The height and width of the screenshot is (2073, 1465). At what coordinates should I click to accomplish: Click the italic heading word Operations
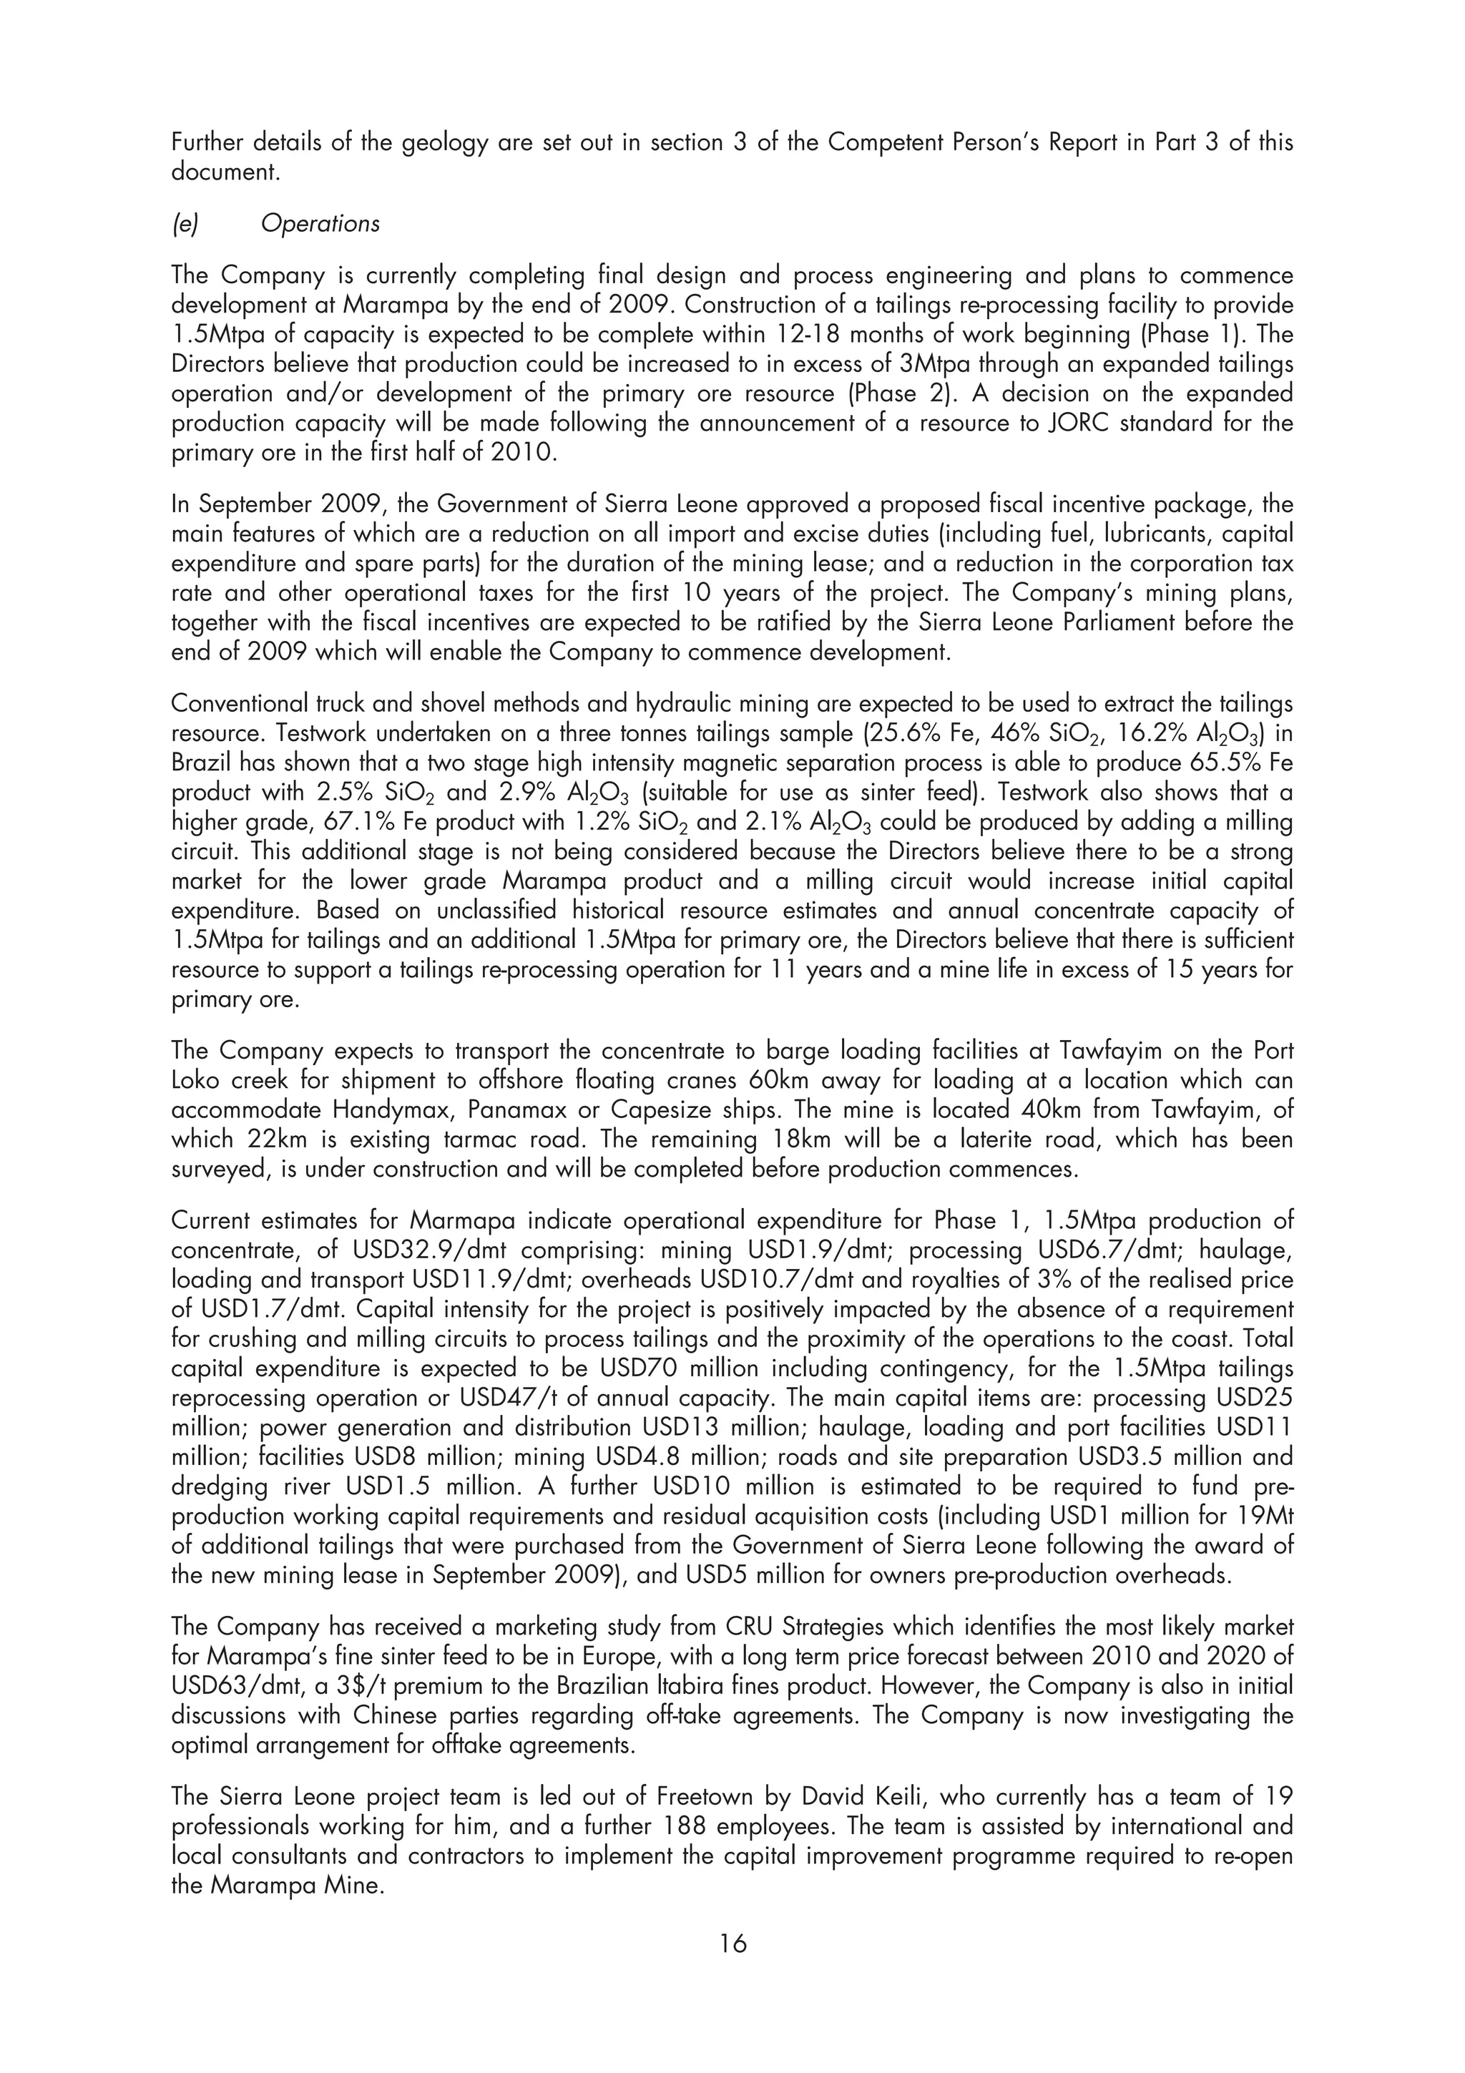pyautogui.click(x=320, y=224)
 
